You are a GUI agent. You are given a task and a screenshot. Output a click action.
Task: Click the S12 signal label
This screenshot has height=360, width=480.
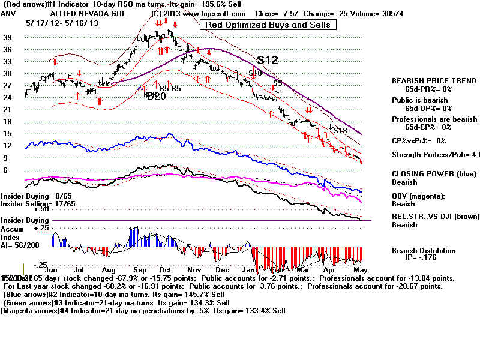(x=268, y=60)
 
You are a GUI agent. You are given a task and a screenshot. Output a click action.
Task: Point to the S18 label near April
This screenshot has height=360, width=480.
(x=340, y=130)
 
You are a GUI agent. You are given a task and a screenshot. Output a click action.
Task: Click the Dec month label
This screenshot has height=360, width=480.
(x=223, y=271)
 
